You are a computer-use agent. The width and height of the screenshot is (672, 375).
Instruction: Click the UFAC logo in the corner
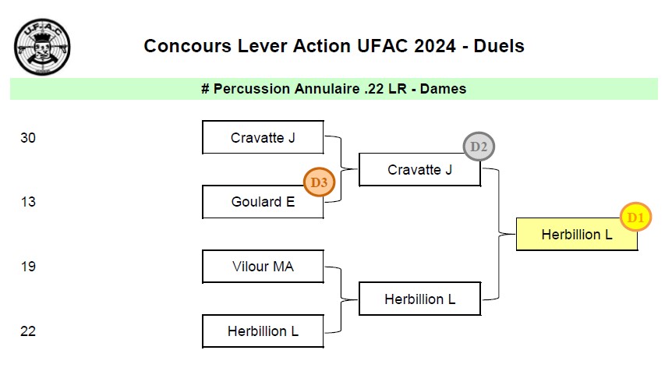point(42,48)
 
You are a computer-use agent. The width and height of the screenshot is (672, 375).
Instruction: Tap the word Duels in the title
point(499,46)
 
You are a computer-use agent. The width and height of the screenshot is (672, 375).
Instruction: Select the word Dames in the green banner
point(443,89)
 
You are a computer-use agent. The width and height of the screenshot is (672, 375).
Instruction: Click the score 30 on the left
point(28,138)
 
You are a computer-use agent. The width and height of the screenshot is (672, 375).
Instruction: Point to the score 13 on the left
point(28,202)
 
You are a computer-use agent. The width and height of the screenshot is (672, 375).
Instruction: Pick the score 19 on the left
point(28,267)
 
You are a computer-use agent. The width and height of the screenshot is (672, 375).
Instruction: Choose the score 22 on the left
point(28,331)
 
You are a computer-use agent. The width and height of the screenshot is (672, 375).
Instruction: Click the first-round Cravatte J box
point(263,138)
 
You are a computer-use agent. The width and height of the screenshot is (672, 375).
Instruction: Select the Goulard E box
point(263,202)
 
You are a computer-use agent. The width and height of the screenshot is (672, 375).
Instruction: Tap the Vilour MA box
point(263,267)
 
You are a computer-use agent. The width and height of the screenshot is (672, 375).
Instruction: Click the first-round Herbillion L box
point(263,331)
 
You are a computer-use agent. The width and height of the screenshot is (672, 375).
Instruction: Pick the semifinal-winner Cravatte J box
point(419,170)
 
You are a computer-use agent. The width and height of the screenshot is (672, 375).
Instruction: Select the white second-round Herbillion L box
point(419,299)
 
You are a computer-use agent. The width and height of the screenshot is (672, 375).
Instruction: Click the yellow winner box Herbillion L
point(577,234)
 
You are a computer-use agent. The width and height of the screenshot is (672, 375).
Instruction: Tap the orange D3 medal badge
point(318,182)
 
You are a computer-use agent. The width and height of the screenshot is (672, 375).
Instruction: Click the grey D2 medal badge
point(479,147)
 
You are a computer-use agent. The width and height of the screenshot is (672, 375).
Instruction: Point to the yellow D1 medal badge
point(635,218)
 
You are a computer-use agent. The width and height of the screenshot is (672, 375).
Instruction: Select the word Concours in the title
point(181,46)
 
